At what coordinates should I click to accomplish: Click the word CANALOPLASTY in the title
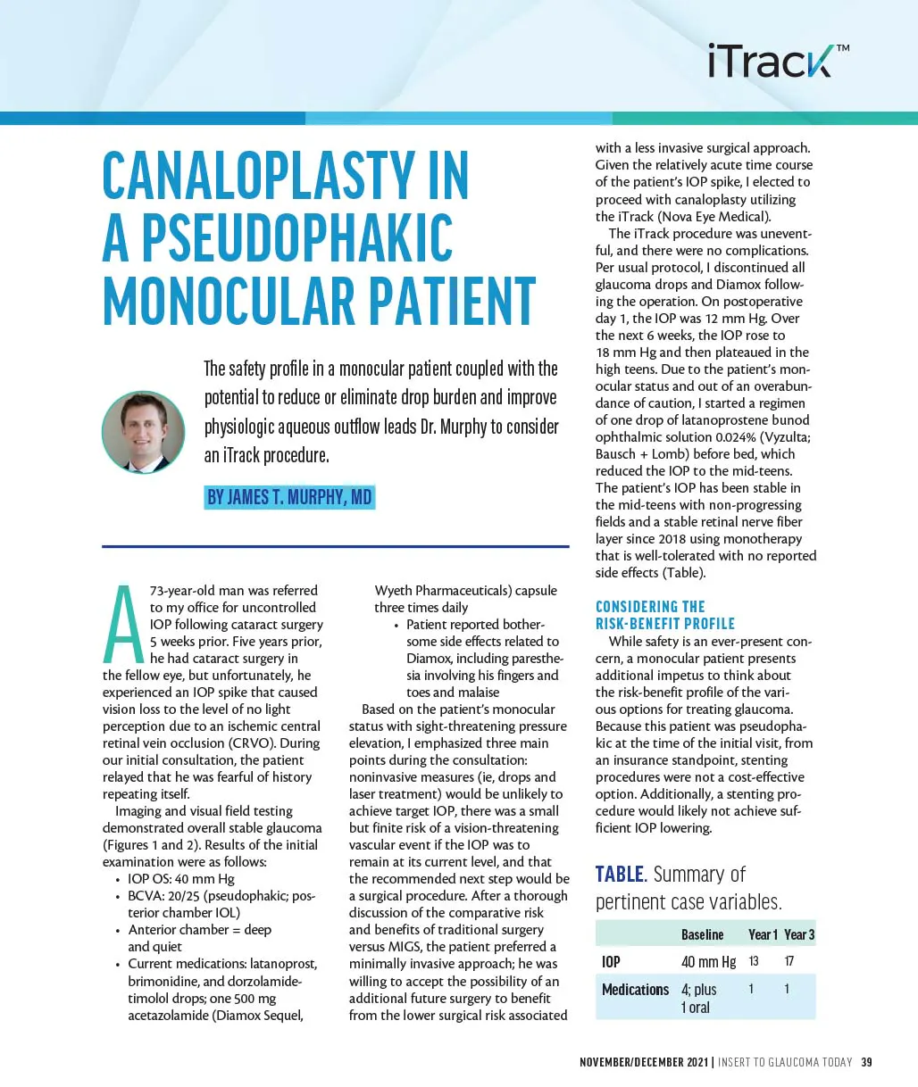[x=286, y=176]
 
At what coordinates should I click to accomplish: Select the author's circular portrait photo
[x=144, y=431]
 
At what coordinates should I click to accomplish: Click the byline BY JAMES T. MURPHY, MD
[x=289, y=497]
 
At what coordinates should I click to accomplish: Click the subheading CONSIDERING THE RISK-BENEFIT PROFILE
[x=665, y=615]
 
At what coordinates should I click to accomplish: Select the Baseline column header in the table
[x=702, y=934]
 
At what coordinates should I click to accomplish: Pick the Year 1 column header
[x=763, y=934]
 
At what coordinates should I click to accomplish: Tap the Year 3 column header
[x=799, y=934]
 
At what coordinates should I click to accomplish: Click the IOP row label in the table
[x=611, y=961]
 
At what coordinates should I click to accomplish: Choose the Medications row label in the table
[x=635, y=989]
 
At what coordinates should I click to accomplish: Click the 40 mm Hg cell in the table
[x=708, y=961]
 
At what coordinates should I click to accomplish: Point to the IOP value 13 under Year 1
[x=754, y=961]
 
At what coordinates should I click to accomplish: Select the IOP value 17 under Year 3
[x=789, y=961]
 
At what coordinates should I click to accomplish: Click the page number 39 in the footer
[x=866, y=1062]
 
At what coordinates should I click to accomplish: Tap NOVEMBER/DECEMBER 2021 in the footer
[x=644, y=1062]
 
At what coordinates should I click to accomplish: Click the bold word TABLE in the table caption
[x=620, y=875]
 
